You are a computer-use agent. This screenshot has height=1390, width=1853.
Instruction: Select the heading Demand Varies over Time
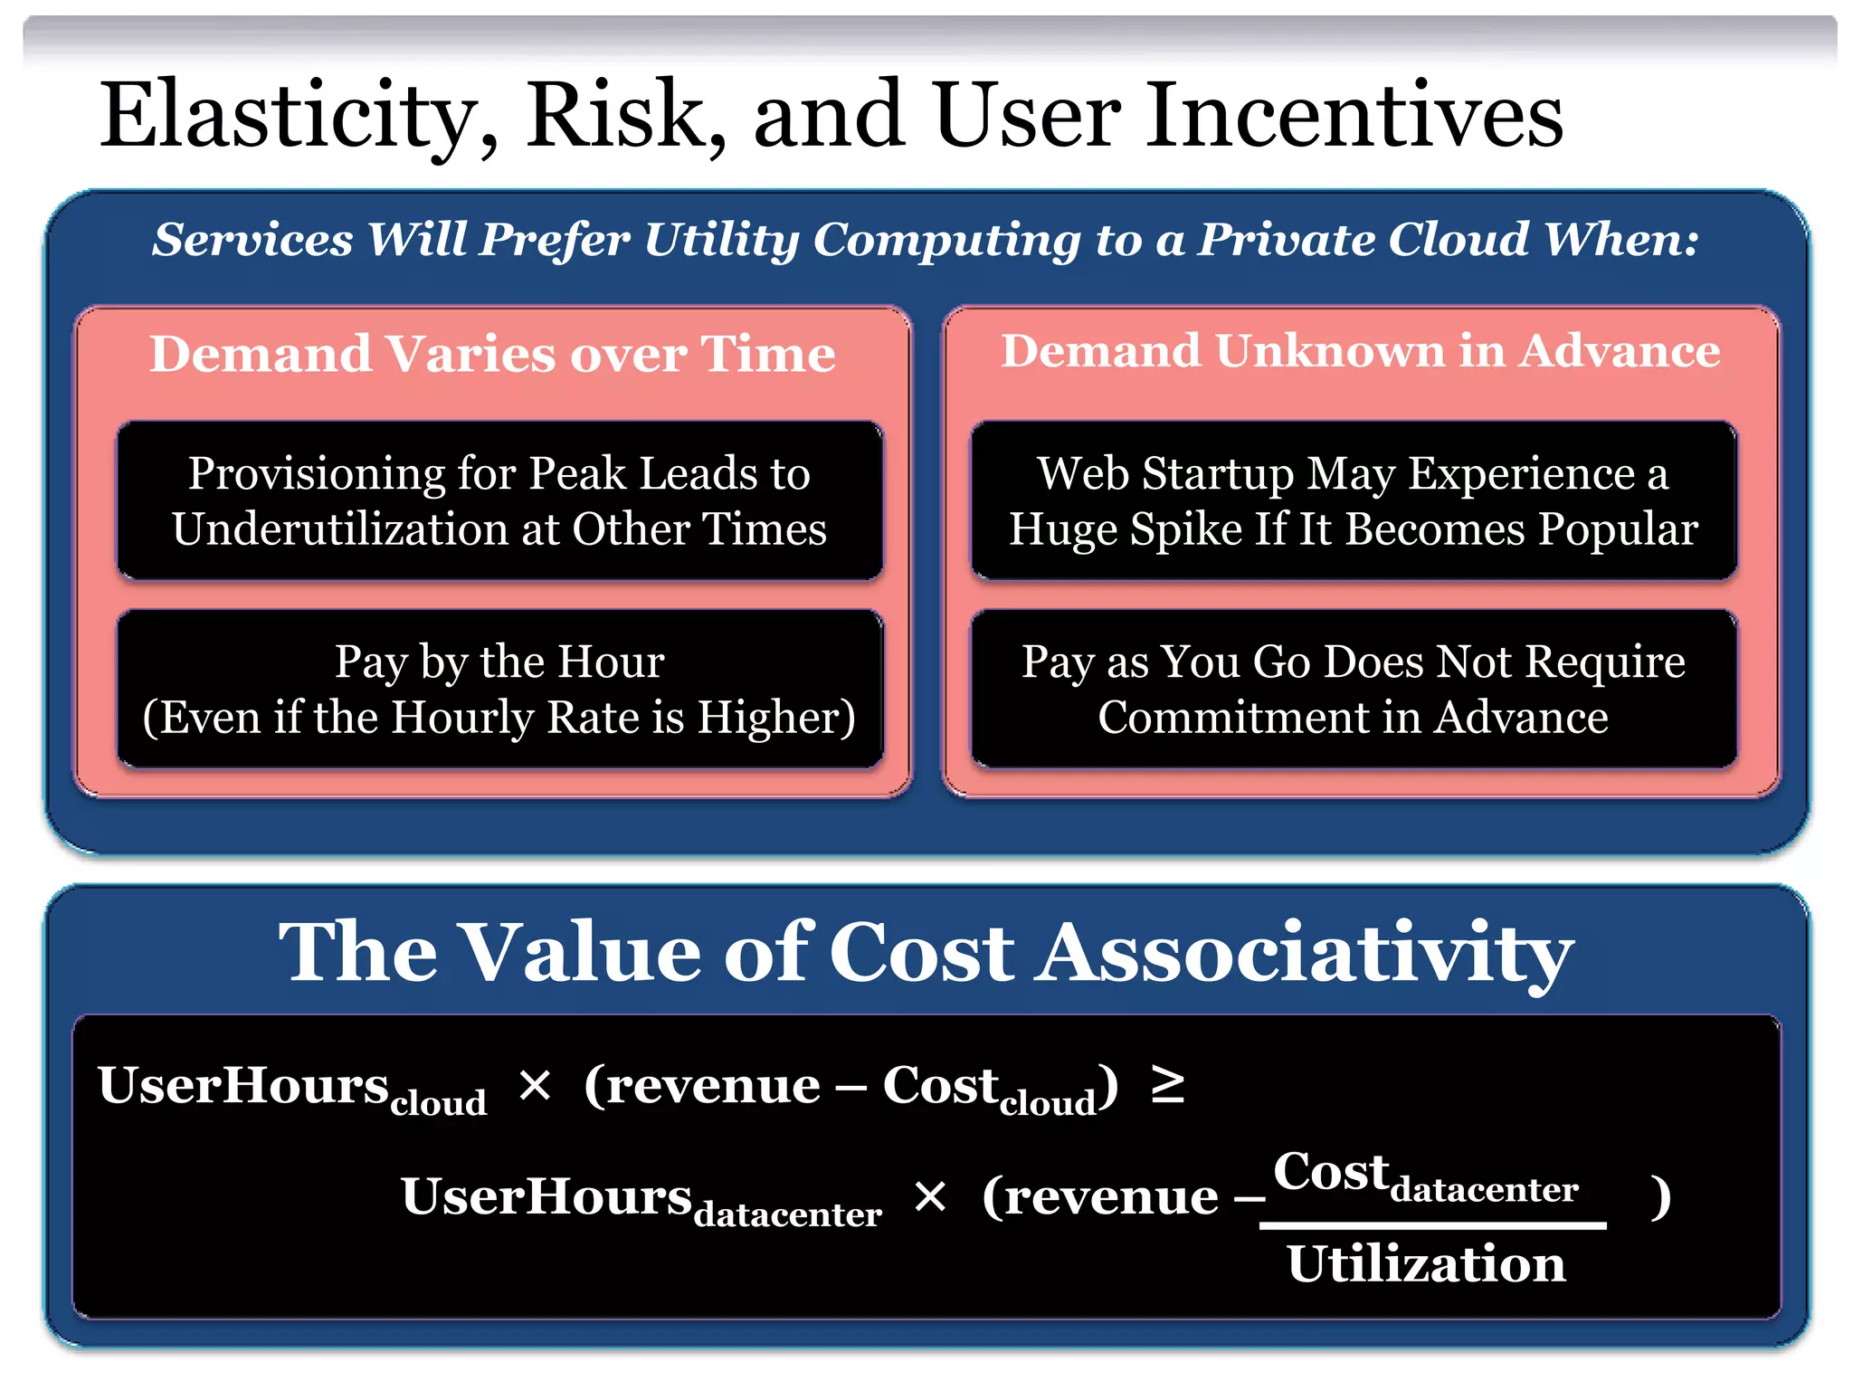pyautogui.click(x=493, y=354)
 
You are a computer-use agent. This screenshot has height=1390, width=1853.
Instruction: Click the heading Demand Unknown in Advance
pyautogui.click(x=1360, y=351)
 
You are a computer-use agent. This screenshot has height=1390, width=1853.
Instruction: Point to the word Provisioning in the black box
pyautogui.click(x=317, y=474)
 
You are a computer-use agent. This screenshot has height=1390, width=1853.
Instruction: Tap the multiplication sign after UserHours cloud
pyautogui.click(x=535, y=1085)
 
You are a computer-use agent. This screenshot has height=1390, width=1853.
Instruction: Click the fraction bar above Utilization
pyautogui.click(x=1432, y=1225)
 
